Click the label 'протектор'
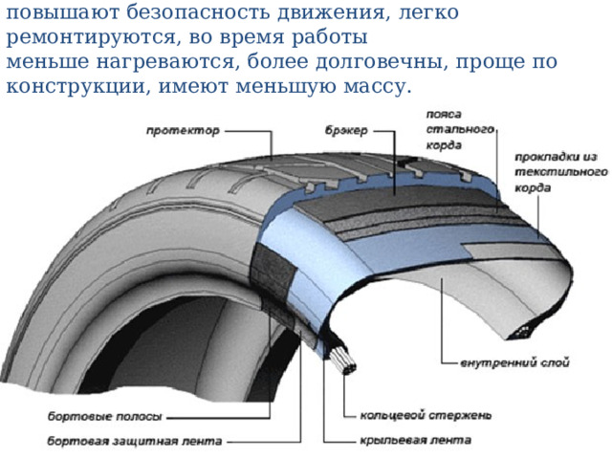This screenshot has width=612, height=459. pyautogui.click(x=183, y=130)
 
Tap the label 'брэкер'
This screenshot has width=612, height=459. pyautogui.click(x=346, y=130)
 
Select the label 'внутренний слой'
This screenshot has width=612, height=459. pyautogui.click(x=514, y=362)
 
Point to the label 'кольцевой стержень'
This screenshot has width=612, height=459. pyautogui.click(x=426, y=415)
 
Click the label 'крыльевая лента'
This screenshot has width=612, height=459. pyautogui.click(x=415, y=440)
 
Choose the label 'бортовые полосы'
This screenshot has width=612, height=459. pyautogui.click(x=104, y=417)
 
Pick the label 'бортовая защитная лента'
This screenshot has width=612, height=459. pyautogui.click(x=135, y=442)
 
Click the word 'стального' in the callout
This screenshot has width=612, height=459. pyautogui.click(x=460, y=129)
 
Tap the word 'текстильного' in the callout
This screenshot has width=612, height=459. pyautogui.click(x=561, y=172)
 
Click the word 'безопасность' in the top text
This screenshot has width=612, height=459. pyautogui.click(x=198, y=12)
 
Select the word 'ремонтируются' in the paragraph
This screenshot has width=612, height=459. pyautogui.click(x=95, y=38)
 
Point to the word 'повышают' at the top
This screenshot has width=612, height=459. pyautogui.click(x=62, y=12)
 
